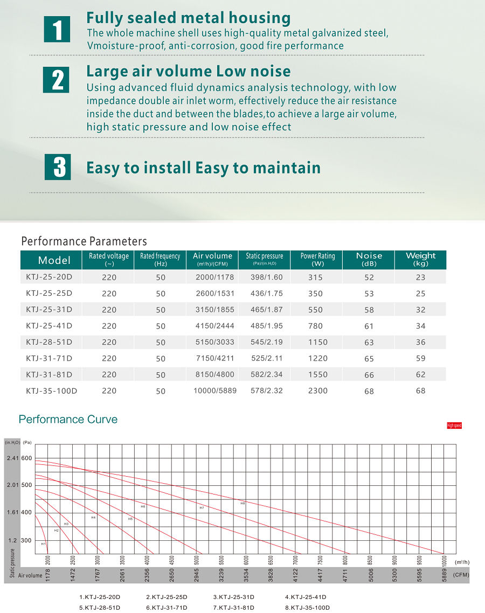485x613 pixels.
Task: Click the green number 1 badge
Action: pyautogui.click(x=57, y=29)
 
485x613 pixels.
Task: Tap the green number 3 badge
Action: pyautogui.click(x=57, y=166)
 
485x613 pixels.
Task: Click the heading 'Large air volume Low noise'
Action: pyautogui.click(x=188, y=71)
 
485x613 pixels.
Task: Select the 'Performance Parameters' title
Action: pyautogui.click(x=84, y=241)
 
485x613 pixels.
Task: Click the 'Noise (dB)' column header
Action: pyautogui.click(x=369, y=260)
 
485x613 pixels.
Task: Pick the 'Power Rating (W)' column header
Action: pyautogui.click(x=317, y=260)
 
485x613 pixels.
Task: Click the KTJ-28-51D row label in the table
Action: pyautogui.click(x=49, y=342)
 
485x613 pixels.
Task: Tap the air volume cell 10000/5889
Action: pyautogui.click(x=214, y=391)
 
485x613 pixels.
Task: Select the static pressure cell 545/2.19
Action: pyautogui.click(x=266, y=342)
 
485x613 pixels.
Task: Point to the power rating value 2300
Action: pyautogui.click(x=317, y=391)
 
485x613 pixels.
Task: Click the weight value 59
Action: pyautogui.click(x=420, y=358)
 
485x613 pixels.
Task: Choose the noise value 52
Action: pyautogui.click(x=369, y=277)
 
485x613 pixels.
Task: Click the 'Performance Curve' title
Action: pyautogui.click(x=68, y=419)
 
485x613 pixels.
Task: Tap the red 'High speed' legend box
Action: pyautogui.click(x=454, y=426)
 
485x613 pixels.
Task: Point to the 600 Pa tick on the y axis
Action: pyautogui.click(x=27, y=458)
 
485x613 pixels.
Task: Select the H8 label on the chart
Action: pyautogui.click(x=242, y=503)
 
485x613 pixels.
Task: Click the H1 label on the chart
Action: pyautogui.click(x=44, y=544)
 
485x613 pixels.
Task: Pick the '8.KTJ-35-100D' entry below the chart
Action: pyautogui.click(x=307, y=608)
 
